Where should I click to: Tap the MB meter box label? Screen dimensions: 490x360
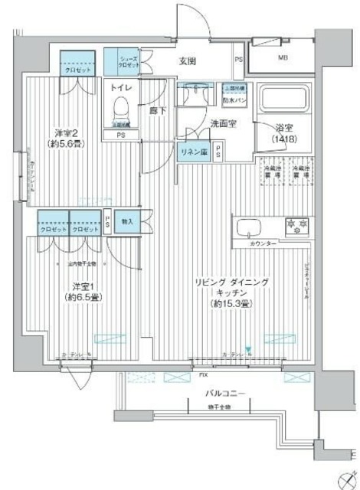point(283,57)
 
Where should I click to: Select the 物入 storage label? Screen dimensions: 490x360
point(128,222)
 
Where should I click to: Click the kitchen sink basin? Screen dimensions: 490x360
point(250,227)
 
